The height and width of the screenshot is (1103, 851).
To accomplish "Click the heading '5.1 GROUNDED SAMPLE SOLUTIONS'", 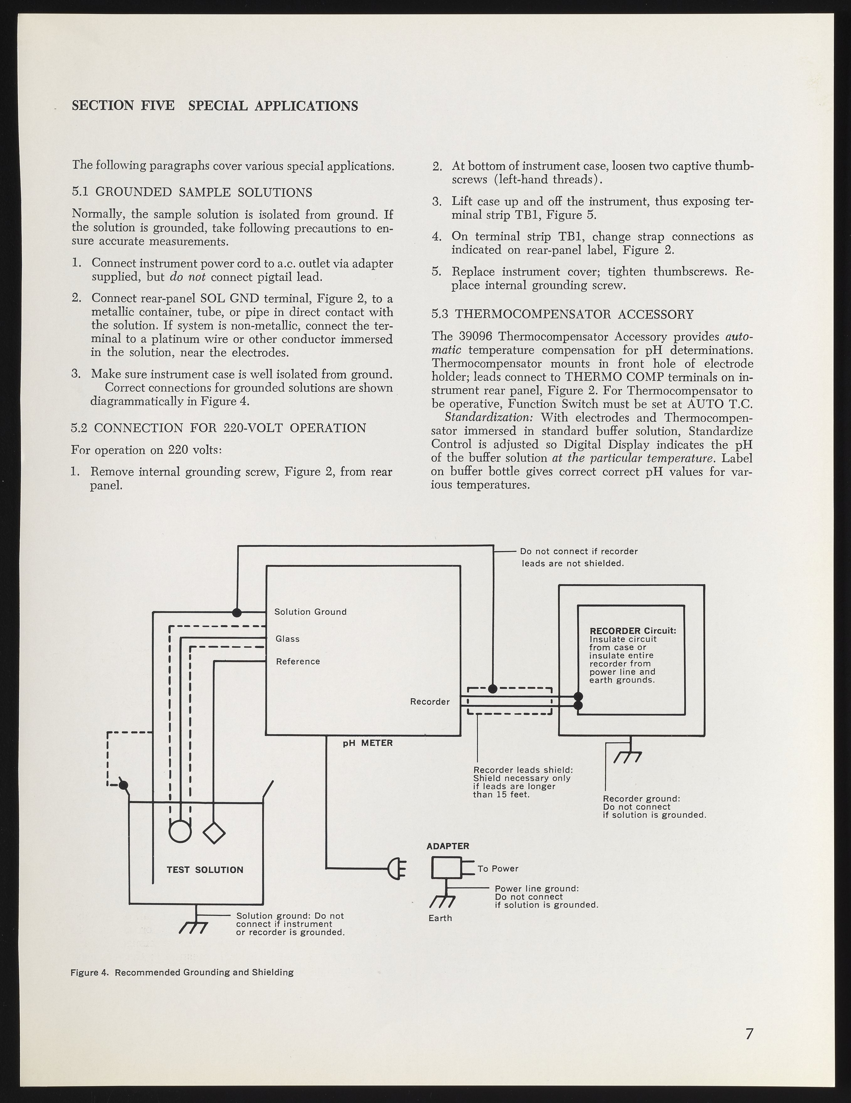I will coord(192,193).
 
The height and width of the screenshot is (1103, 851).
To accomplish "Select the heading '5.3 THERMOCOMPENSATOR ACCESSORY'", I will coord(563,315).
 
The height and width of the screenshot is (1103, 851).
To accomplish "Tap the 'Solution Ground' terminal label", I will coord(310,612).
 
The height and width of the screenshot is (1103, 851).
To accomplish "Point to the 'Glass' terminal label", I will coord(287,639).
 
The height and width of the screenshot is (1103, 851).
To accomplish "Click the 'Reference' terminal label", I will coord(298,662).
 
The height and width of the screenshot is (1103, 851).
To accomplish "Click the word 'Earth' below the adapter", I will coord(440,918).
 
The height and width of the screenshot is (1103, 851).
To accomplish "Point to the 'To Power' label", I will coord(498,869).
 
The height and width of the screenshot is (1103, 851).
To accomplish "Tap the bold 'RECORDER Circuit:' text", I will coord(632,631).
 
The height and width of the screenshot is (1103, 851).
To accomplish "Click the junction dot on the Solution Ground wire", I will coord(236,613).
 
